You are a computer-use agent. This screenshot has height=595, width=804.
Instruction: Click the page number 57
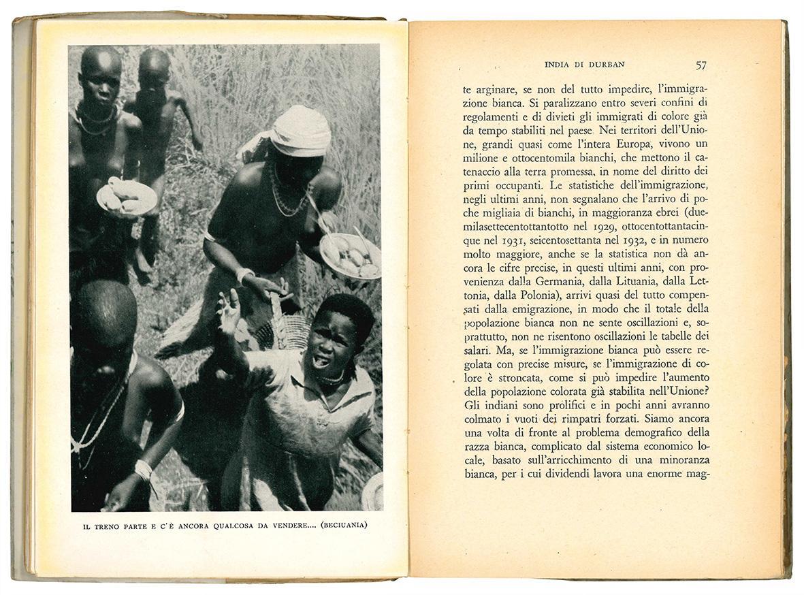701,65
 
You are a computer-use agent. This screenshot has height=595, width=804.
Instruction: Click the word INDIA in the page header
562,65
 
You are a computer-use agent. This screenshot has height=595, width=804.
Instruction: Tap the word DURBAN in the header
606,65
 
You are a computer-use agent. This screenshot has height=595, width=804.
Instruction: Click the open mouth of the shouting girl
321,359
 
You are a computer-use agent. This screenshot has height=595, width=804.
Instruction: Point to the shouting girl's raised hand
228,310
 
